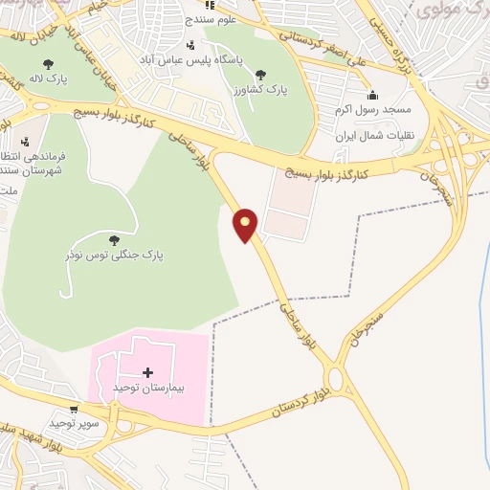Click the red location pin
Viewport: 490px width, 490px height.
coord(246,224)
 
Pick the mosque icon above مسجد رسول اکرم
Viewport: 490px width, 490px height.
coord(372,95)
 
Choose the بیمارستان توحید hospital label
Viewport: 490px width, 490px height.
coord(146,388)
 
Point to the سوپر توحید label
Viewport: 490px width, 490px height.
coord(70,422)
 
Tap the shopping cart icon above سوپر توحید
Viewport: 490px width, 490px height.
coord(74,410)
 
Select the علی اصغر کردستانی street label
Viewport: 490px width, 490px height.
coord(330,40)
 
